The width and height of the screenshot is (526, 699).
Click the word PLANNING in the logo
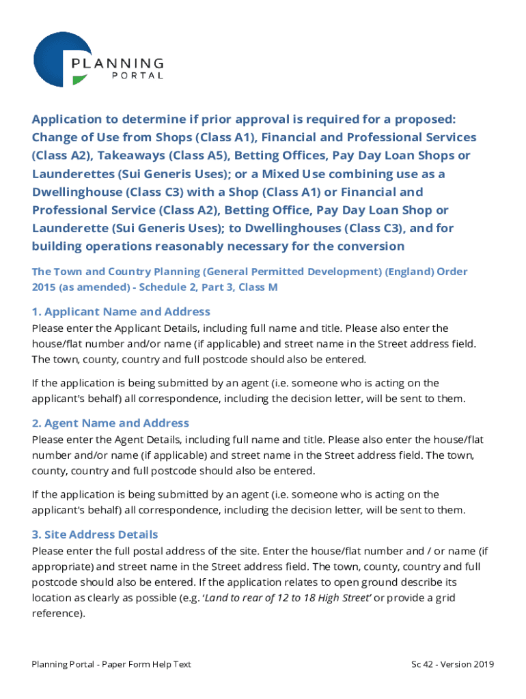click(x=117, y=63)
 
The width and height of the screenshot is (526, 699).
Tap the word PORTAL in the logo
click(x=137, y=76)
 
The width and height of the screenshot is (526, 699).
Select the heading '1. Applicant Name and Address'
click(x=121, y=311)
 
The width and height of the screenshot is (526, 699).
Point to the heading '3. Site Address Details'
click(x=95, y=534)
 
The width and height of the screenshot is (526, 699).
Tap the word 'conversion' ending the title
click(x=370, y=246)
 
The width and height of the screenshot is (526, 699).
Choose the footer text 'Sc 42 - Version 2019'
click(x=452, y=664)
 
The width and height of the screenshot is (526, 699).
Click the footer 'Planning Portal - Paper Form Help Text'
click(x=111, y=664)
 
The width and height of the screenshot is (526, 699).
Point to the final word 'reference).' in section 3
click(x=59, y=613)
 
